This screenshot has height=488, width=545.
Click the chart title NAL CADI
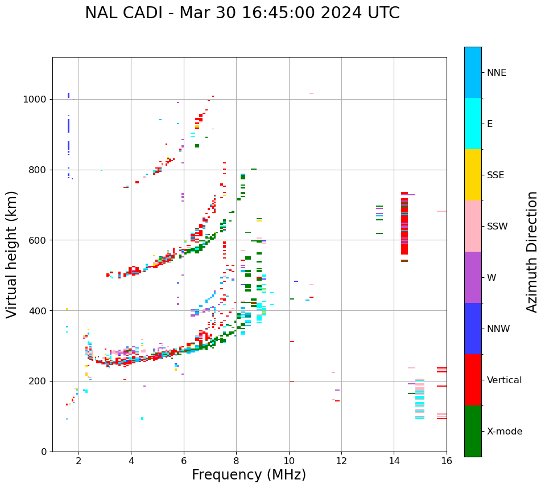242,13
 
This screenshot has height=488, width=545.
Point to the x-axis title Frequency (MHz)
249,475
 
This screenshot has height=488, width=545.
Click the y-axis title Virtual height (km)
12,254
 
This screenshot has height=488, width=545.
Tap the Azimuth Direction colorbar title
532,252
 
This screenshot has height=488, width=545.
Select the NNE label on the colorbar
496,73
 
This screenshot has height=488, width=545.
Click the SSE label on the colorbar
495,175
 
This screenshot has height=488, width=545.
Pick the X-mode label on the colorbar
505,432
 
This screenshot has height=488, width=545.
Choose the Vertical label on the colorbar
505,380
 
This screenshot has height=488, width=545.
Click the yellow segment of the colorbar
473,175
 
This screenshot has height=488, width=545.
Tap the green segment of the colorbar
473,431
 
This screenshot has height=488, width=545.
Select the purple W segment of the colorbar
473,277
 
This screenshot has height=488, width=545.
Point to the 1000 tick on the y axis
37,100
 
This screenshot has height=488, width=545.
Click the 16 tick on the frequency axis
447,461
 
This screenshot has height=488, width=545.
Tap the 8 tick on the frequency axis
236,461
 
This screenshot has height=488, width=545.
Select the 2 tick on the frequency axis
79,461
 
